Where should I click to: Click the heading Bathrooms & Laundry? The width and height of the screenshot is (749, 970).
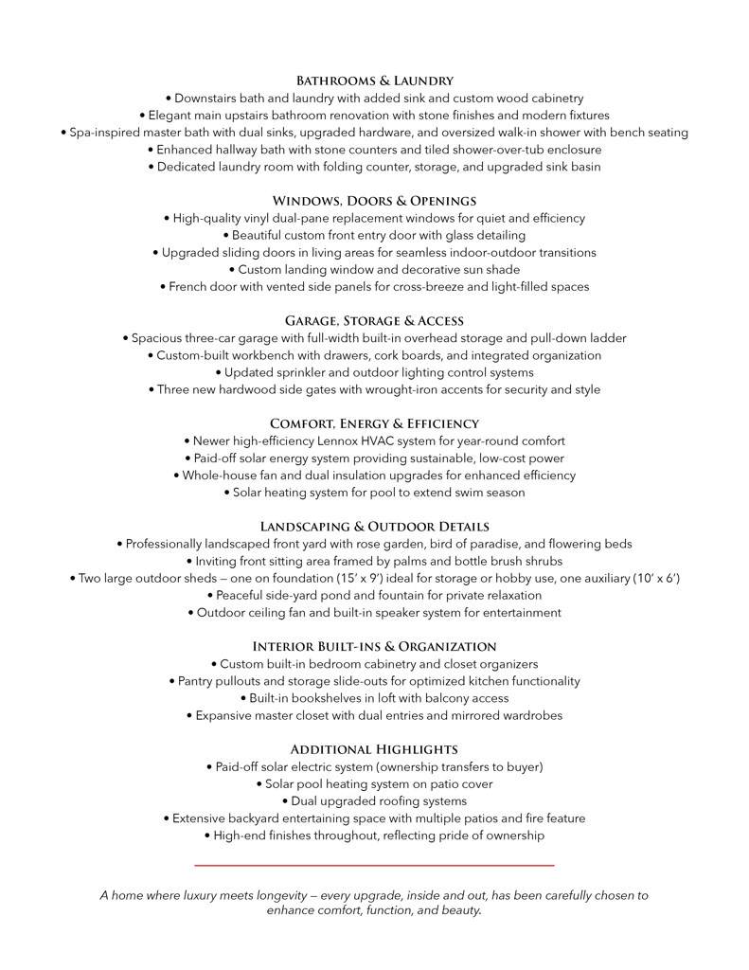374,81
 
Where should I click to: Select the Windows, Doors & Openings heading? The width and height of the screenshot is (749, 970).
374,201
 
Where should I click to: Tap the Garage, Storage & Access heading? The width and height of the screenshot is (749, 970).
374,321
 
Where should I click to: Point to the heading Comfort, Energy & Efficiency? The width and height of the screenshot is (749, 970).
374,423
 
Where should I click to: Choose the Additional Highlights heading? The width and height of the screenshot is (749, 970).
374,749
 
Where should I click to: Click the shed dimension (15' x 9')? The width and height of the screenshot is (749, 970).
353,578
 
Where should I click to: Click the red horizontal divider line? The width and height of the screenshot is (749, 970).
374,865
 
